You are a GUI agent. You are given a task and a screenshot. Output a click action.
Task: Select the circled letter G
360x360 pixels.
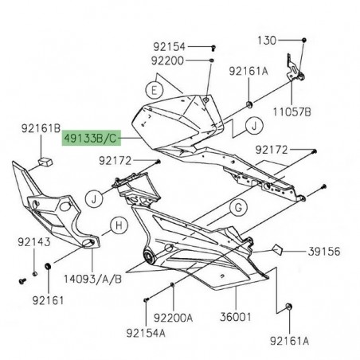click(236, 210)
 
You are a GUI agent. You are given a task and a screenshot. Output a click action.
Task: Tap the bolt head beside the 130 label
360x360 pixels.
click(305, 40)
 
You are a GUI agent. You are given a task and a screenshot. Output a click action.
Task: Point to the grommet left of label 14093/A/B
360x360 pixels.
click(49, 265)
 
